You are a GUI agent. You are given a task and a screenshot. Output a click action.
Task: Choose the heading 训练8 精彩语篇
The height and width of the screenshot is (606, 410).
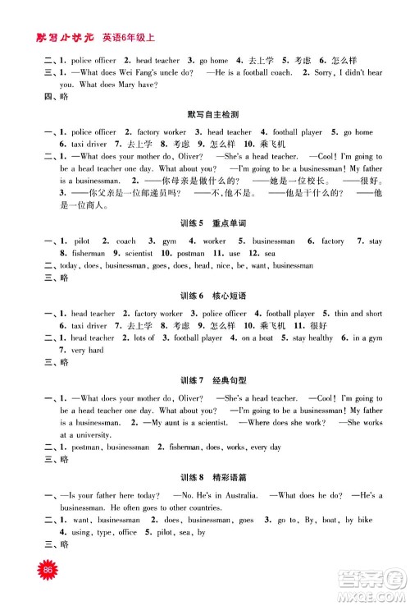point(205,475)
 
